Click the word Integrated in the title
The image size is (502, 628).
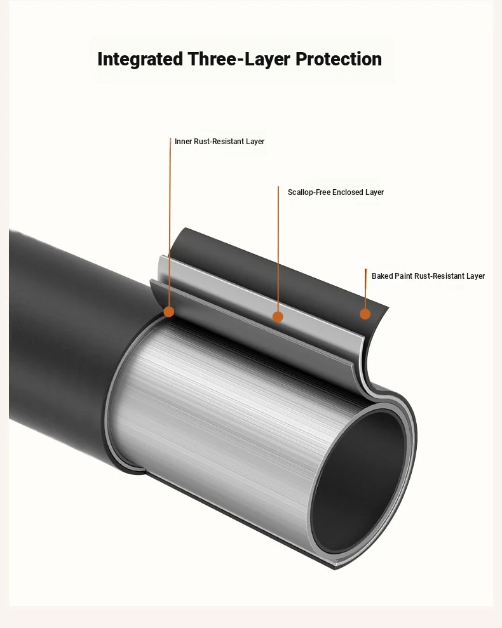click(x=140, y=59)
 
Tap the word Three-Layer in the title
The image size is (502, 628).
click(x=240, y=59)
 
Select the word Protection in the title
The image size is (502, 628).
click(x=339, y=59)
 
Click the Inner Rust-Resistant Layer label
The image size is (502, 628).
click(x=219, y=142)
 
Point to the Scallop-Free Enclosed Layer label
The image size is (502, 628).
click(x=336, y=192)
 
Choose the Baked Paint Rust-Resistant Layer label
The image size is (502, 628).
click(x=428, y=276)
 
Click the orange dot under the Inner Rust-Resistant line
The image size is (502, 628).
click(x=169, y=312)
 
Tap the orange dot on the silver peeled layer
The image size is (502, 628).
click(x=278, y=317)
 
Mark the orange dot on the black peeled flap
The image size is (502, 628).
click(x=365, y=314)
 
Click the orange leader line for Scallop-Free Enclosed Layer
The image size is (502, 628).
click(x=278, y=249)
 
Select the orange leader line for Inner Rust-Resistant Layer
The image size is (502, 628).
click(x=170, y=222)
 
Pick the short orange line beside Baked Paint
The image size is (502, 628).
click(x=365, y=289)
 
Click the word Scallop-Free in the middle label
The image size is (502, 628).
click(x=309, y=192)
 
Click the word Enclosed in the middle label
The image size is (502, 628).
click(x=348, y=192)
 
